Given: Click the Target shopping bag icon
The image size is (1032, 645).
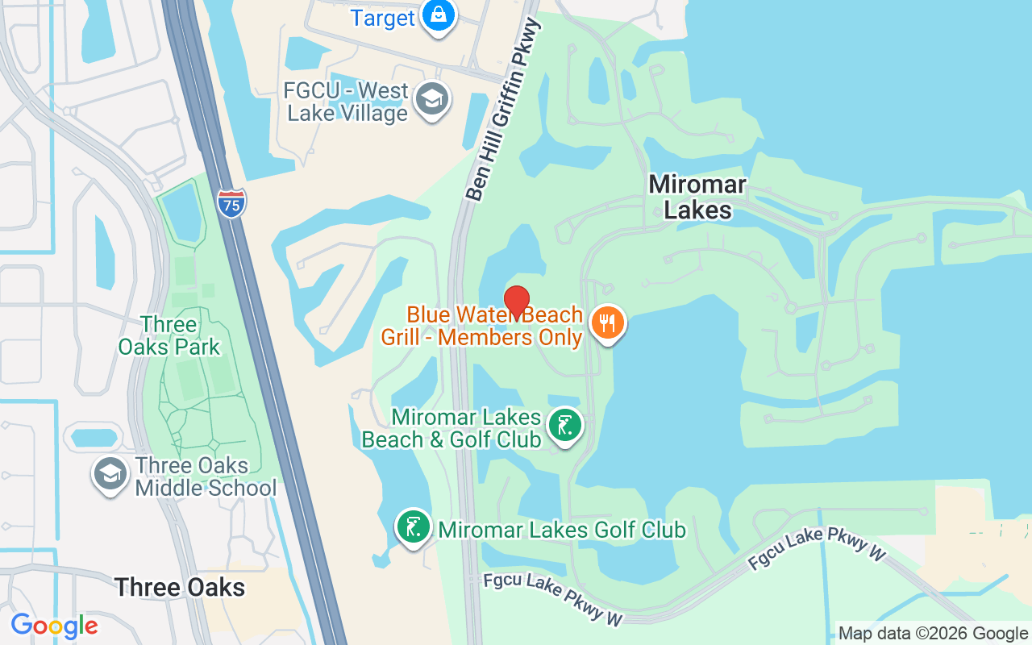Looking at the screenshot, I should pos(439,17).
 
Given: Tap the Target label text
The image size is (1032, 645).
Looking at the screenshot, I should pos(382,19).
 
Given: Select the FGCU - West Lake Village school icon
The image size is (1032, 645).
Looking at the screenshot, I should pos(431,101).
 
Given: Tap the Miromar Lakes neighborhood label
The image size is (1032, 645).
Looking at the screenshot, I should pos(697,198).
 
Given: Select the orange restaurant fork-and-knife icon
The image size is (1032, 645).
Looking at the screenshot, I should pos(608,323).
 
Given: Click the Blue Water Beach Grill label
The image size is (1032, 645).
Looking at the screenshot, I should pos(482,326).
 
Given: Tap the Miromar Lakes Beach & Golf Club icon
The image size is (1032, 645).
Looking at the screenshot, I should pos(564,425).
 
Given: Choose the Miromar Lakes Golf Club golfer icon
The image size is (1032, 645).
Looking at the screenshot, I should pos(413,526).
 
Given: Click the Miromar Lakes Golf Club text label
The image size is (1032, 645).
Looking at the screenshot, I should pos(562,530).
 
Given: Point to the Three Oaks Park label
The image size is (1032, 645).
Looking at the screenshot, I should pos(169,335).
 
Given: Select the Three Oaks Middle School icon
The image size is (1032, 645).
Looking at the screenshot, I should pos(109,474).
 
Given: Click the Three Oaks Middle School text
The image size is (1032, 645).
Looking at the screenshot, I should pos(206,476).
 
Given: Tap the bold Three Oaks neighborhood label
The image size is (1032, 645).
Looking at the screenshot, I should pos(180,587).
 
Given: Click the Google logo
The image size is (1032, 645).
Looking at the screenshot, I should pos(54,626).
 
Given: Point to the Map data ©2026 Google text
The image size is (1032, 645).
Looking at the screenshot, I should pos(933,634).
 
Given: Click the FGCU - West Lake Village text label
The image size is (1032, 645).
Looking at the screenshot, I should pos(347,102).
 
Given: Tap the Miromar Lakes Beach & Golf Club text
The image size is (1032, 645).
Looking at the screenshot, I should pos(451,428).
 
